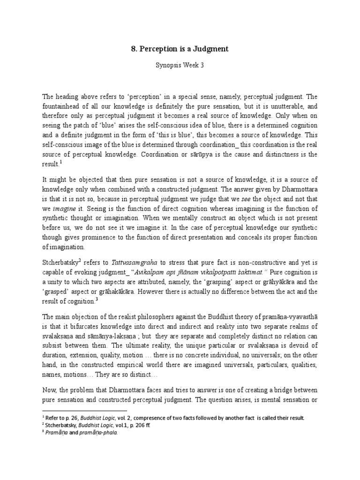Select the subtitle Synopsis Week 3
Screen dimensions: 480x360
point(180,66)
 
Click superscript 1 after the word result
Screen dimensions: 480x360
point(61,163)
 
